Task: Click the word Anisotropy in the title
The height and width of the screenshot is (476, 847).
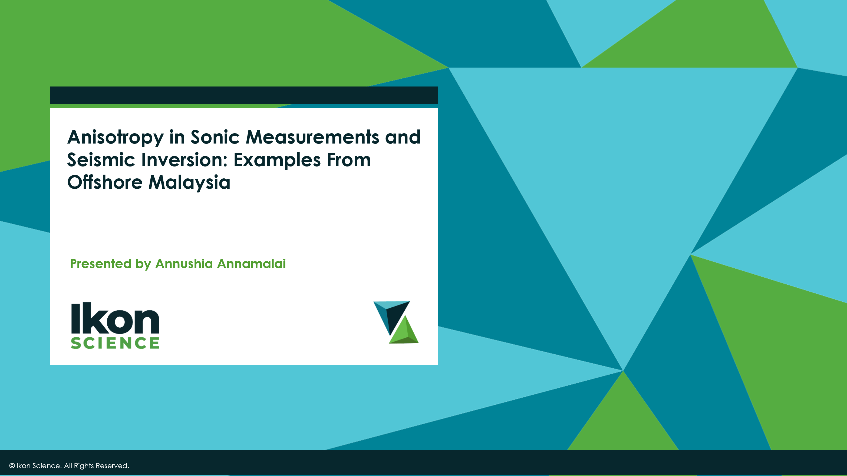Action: [x=115, y=137]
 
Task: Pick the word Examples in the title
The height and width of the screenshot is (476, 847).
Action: [x=277, y=160]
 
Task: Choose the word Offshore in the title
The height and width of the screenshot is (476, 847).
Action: [x=105, y=182]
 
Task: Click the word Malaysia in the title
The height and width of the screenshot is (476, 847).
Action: [x=189, y=182]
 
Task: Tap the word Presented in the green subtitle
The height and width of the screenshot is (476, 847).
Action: [x=101, y=264]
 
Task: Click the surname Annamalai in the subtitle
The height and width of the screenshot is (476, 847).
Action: [x=252, y=264]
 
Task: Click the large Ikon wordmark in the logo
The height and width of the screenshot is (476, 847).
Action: [x=115, y=318]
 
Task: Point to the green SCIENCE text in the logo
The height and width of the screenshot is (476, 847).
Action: [x=115, y=343]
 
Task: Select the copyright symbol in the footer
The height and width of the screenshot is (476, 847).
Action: [x=12, y=466]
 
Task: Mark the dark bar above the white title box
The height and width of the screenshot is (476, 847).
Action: [x=243, y=95]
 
